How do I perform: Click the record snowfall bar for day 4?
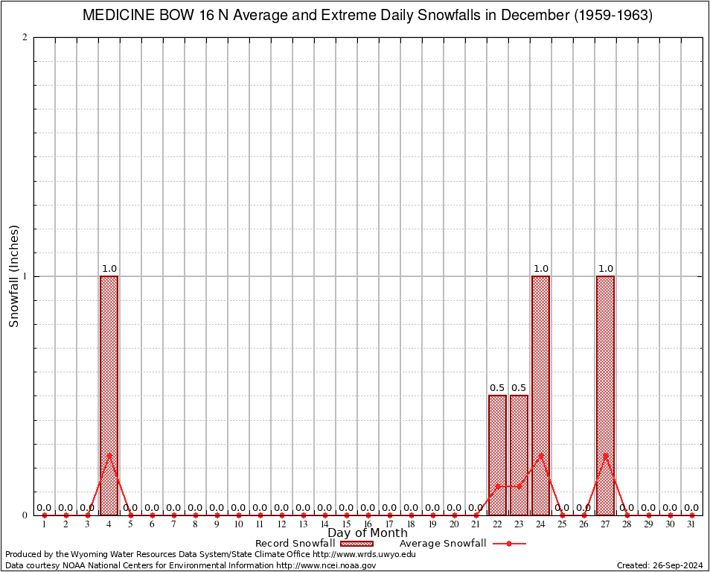point(109,395)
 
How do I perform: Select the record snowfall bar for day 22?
point(497,454)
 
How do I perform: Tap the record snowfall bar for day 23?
point(519,454)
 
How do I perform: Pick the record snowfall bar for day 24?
point(540,395)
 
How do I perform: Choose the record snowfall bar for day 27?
point(605,395)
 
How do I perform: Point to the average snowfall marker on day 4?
point(109,455)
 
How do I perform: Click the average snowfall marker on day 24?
point(540,455)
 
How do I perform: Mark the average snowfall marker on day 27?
point(605,455)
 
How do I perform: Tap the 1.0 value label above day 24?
point(540,269)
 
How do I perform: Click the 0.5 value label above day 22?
point(497,388)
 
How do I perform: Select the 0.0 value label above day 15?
point(346,508)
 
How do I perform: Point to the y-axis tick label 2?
point(25,38)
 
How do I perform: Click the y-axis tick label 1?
point(25,276)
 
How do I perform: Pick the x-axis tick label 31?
point(691,525)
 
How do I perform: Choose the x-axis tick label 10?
point(238,525)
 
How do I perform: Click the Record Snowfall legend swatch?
point(356,544)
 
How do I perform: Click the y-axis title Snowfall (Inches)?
point(14,276)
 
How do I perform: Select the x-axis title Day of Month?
point(368,533)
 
